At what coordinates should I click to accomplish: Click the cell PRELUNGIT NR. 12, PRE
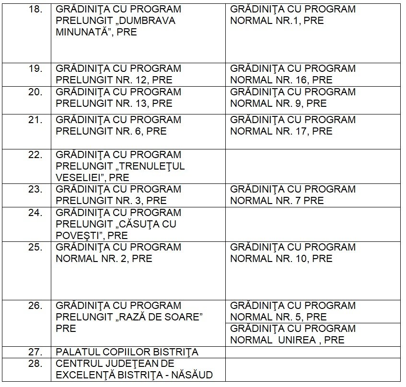point(138,75)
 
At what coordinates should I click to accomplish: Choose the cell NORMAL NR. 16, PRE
point(313,75)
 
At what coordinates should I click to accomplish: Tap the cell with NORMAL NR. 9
point(313,98)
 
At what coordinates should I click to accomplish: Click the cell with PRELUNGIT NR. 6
point(138,125)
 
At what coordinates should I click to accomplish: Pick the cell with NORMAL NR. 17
point(313,125)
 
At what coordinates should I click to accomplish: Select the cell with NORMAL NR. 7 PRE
point(313,195)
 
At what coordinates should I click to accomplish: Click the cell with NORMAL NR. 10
point(313,253)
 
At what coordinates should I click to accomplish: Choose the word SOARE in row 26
point(184,317)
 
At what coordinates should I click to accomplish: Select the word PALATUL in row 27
point(77,352)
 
